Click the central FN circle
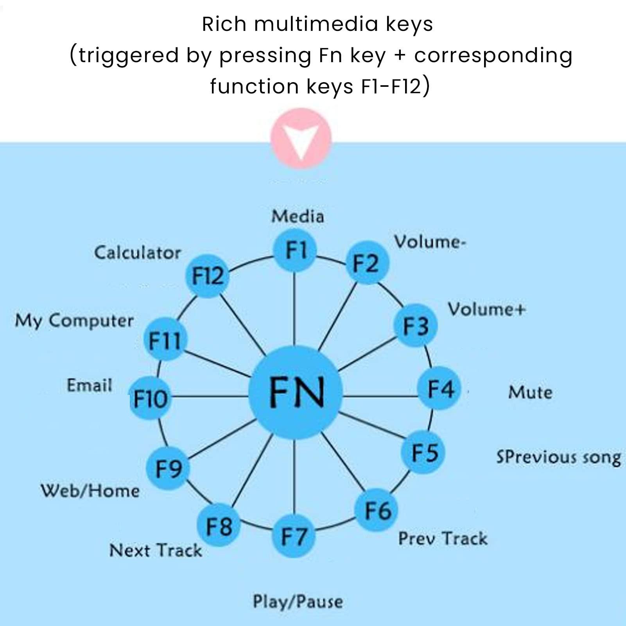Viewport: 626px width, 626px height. tap(295, 392)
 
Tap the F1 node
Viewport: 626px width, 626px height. tap(294, 251)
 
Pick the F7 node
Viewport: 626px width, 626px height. tap(294, 536)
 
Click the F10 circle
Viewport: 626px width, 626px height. tap(150, 398)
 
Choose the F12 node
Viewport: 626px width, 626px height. tap(207, 276)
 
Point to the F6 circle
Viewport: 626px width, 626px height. tap(377, 510)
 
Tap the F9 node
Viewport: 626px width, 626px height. tap(168, 468)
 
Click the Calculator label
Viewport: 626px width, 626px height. tap(138, 252)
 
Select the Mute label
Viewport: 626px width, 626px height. tap(530, 392)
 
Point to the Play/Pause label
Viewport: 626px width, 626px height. tap(298, 602)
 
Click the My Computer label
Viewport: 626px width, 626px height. tap(74, 321)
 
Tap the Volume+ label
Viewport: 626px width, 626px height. tap(487, 309)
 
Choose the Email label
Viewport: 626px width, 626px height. tap(90, 385)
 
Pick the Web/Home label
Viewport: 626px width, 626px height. tap(90, 491)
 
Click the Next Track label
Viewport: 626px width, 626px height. tap(156, 550)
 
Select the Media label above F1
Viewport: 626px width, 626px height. tap(298, 216)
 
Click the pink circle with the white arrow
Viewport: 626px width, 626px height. tap(301, 138)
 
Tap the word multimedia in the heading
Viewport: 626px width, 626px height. tap(316, 24)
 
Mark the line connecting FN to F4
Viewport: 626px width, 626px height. tap(380, 396)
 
